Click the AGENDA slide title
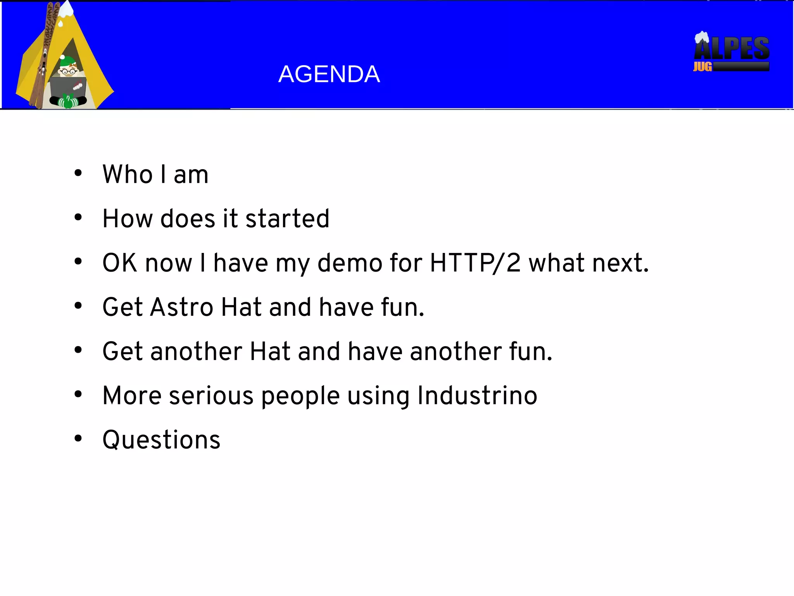pyautogui.click(x=329, y=74)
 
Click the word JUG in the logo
pyautogui.click(x=702, y=67)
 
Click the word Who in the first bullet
pyautogui.click(x=128, y=174)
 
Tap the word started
pyautogui.click(x=287, y=218)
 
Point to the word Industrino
pyautogui.click(x=477, y=395)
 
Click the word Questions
pyautogui.click(x=161, y=440)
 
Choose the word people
pyautogui.click(x=300, y=396)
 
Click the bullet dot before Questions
pyautogui.click(x=78, y=438)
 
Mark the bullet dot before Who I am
pyautogui.click(x=78, y=173)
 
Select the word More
pyautogui.click(x=132, y=395)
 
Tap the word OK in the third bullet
pyautogui.click(x=119, y=263)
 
